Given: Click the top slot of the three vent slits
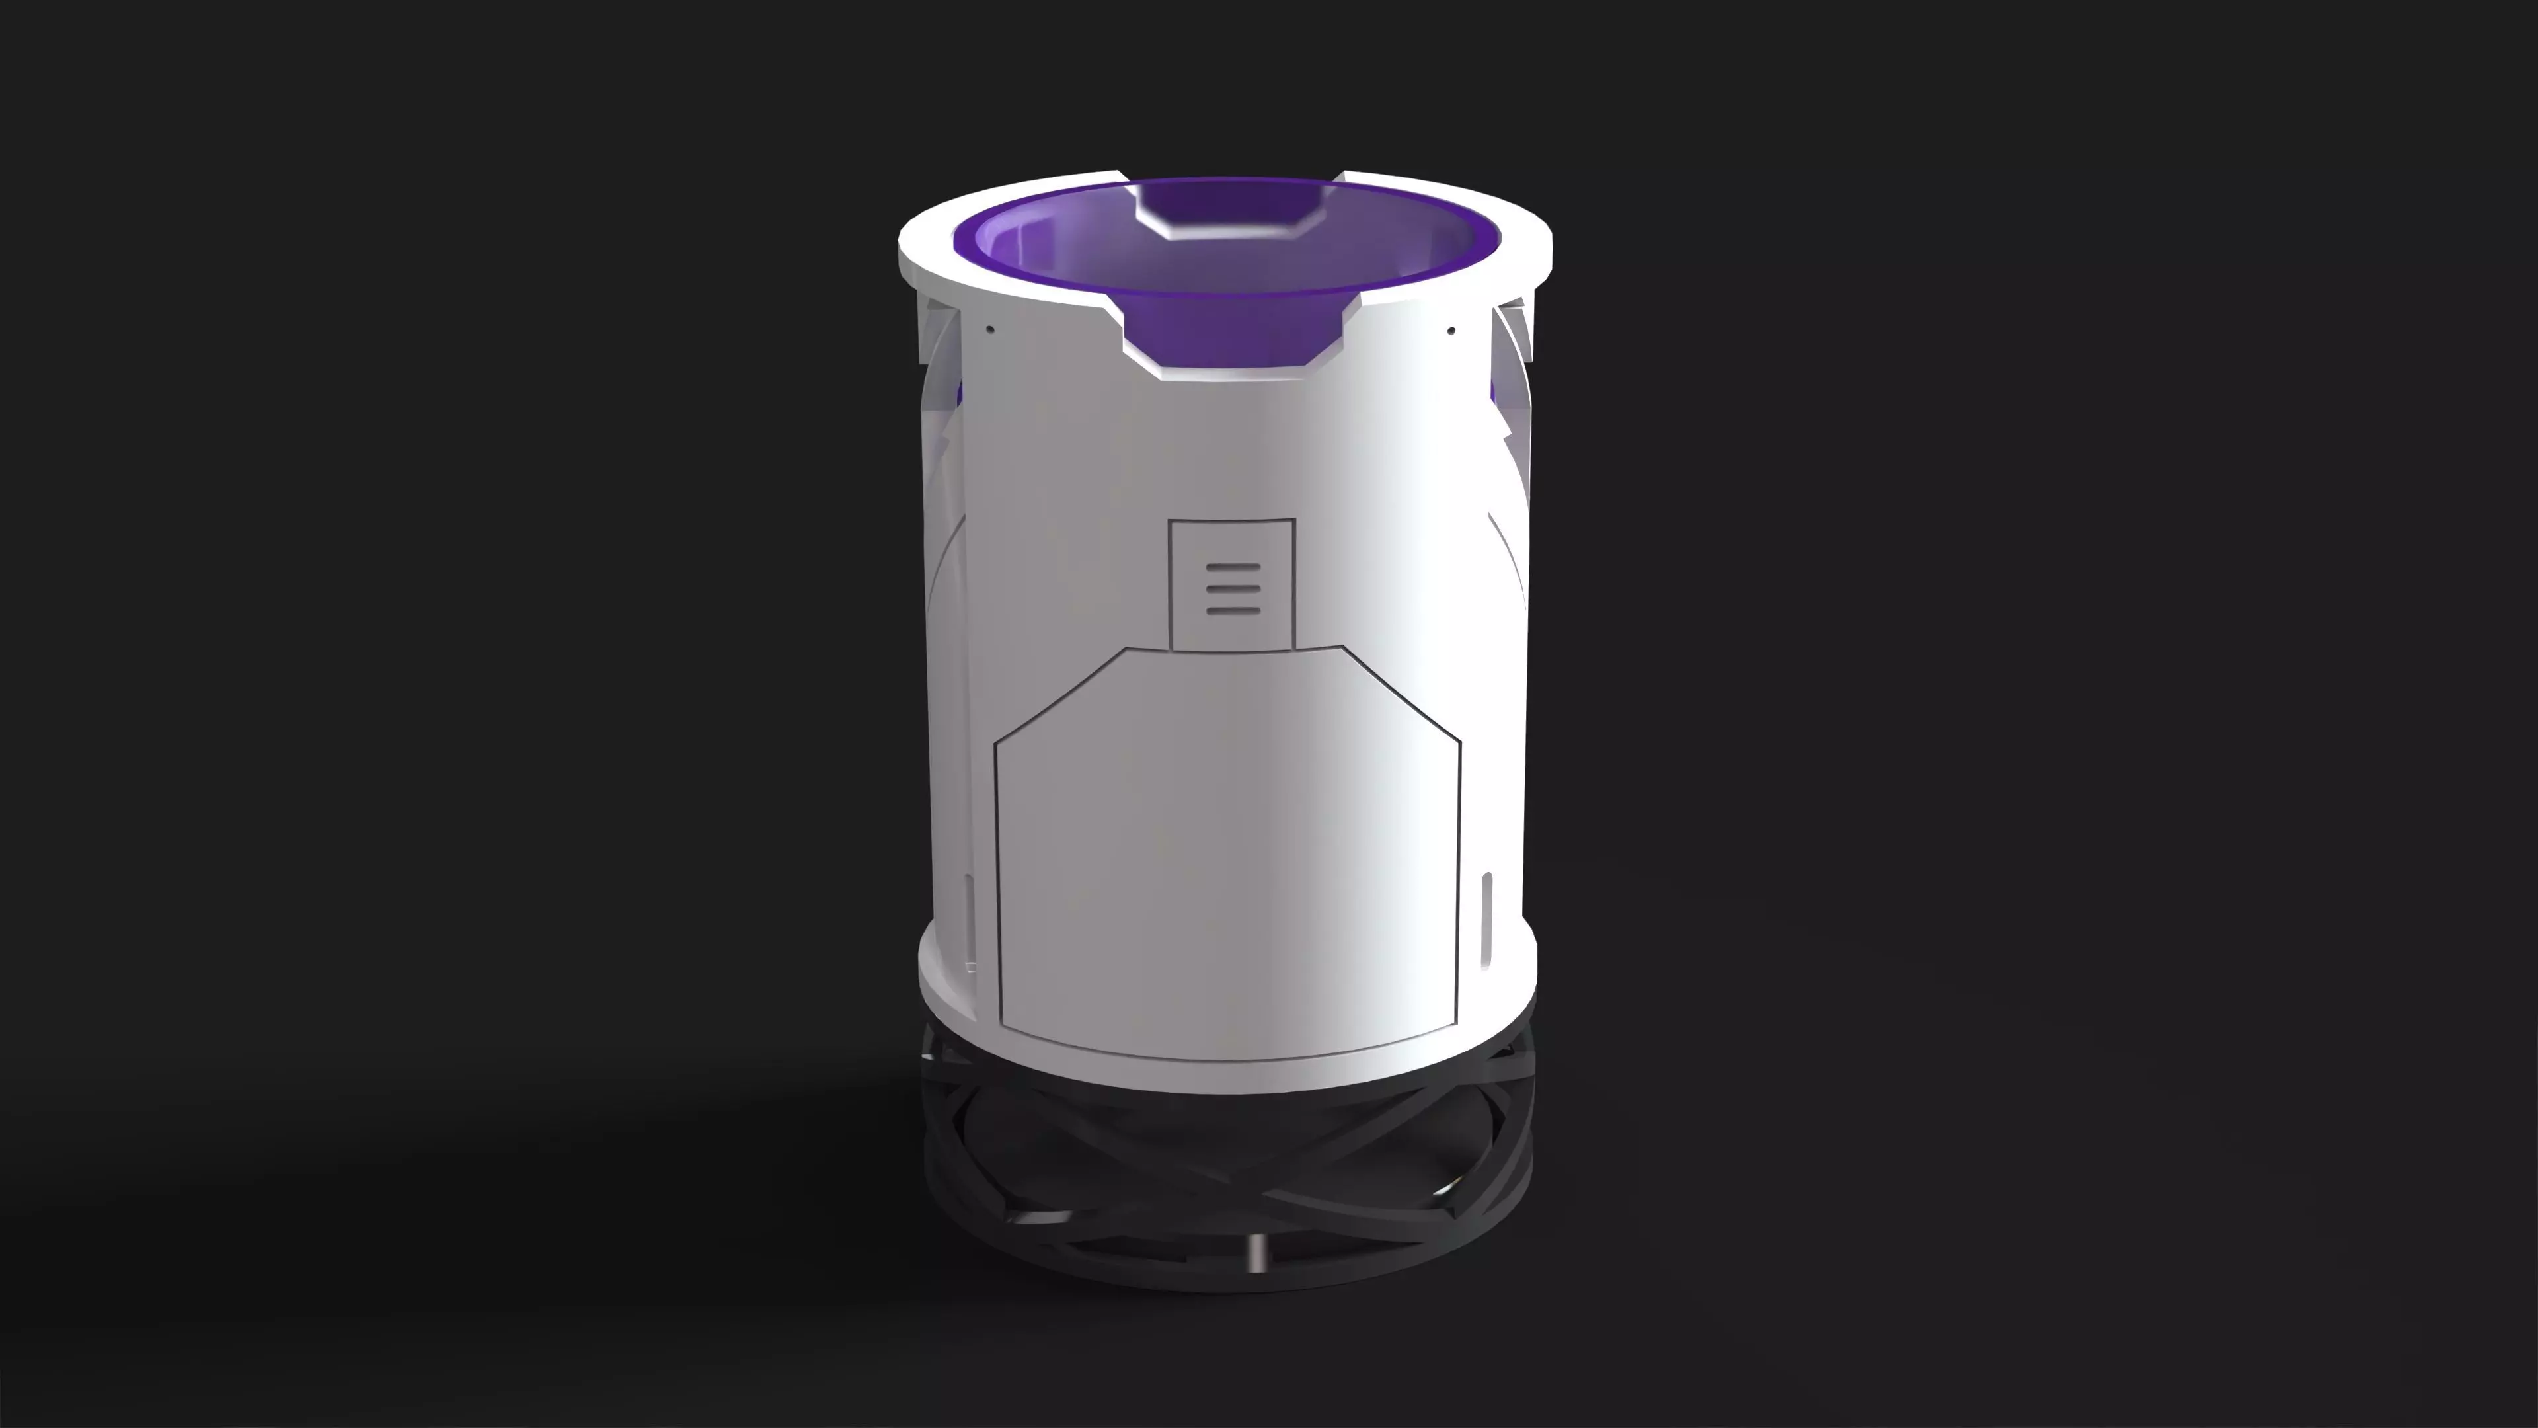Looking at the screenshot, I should point(1233,569).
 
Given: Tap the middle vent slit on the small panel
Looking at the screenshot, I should point(1233,589).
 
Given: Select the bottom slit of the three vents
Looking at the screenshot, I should point(1233,610).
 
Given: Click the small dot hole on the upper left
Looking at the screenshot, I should point(991,329).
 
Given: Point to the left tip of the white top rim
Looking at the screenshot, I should point(902,247).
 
